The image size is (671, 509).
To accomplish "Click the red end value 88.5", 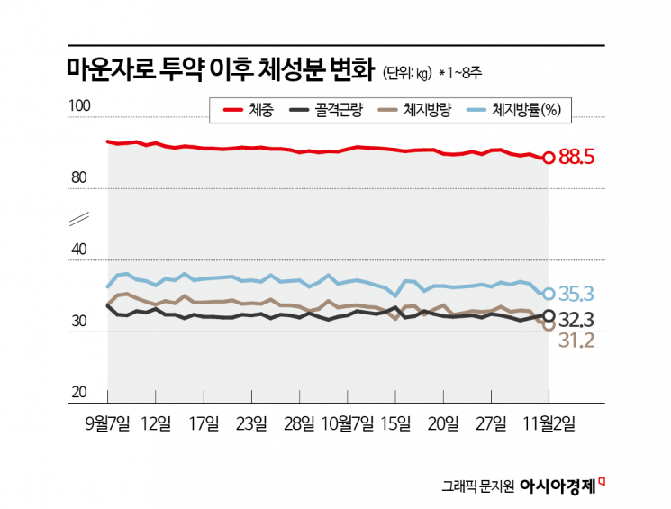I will (x=577, y=158).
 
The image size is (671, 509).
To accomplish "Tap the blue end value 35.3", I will (x=577, y=294).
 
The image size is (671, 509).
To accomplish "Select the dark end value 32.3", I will (x=577, y=319).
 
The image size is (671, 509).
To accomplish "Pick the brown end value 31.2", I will (x=576, y=340).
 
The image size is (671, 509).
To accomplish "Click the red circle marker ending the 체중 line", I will (x=549, y=158).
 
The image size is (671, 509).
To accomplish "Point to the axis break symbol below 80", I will (x=77, y=219).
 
